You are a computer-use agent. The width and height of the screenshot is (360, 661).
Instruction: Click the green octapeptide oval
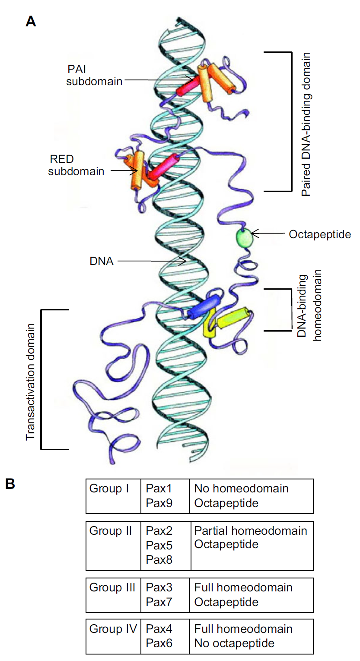click(x=243, y=238)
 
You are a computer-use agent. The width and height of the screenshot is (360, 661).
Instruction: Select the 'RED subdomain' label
click(x=76, y=165)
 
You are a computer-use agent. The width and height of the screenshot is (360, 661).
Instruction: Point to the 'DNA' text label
click(x=102, y=261)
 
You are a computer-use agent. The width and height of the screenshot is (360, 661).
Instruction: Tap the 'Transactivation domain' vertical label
click(x=30, y=380)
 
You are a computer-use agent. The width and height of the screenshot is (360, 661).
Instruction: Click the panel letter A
click(x=31, y=21)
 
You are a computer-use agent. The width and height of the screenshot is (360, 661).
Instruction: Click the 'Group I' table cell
click(x=106, y=489)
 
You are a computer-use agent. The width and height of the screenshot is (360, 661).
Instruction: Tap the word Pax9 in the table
click(x=159, y=503)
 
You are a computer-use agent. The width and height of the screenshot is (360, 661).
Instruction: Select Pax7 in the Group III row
click(x=159, y=602)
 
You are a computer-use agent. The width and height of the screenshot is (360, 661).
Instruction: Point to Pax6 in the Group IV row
click(x=159, y=643)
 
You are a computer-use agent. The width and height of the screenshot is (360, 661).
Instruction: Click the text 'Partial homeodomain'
click(x=251, y=531)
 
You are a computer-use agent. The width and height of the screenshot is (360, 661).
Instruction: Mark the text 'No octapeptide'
click(x=234, y=643)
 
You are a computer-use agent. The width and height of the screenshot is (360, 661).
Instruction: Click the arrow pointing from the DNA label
click(x=151, y=261)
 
